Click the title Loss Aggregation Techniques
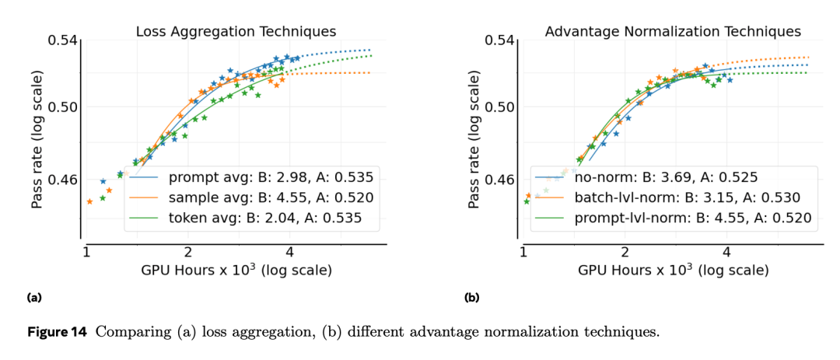tap(236, 32)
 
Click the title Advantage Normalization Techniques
tap(673, 32)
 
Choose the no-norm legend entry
tap(666, 177)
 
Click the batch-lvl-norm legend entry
tap(687, 197)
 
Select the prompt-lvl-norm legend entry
tap(692, 218)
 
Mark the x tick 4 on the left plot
tap(289, 253)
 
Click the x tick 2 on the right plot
tap(625, 253)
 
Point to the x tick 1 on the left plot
tap(86, 253)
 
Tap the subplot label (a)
tap(34, 298)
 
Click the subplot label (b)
tap(471, 298)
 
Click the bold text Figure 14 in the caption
tap(58, 333)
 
